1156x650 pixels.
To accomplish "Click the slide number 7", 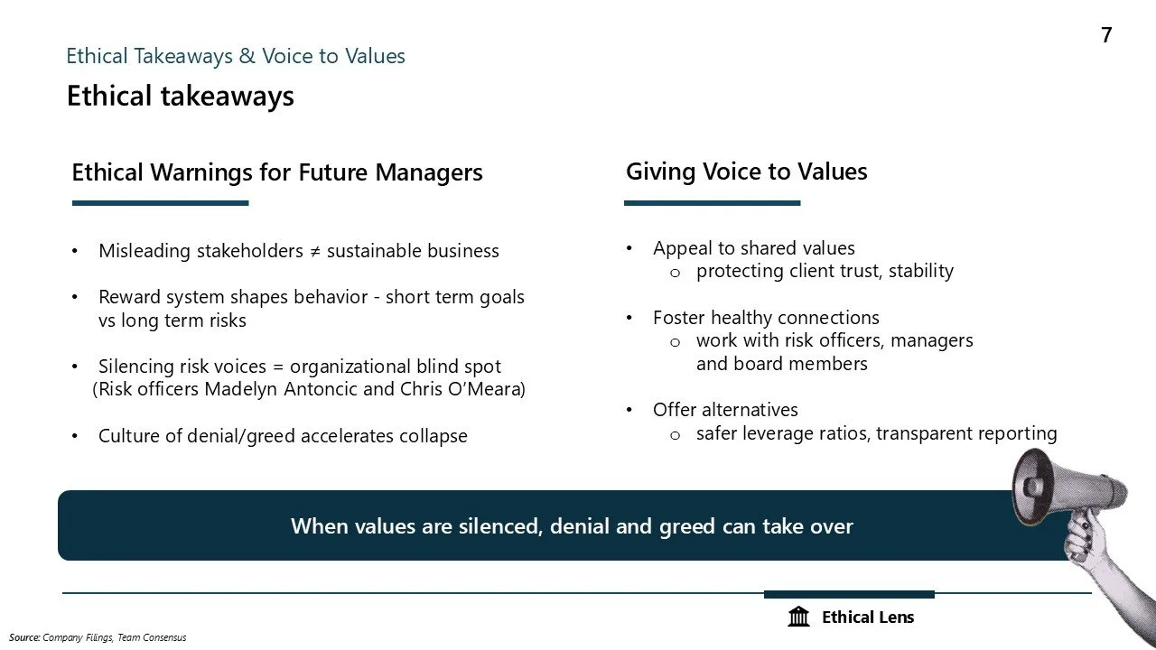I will point(1106,35).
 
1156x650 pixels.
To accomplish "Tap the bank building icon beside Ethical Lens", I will point(798,617).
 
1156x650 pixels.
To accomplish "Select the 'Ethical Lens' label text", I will point(868,617).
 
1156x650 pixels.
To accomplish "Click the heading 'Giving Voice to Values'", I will point(746,172).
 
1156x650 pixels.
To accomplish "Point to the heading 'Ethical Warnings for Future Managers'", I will point(276,172).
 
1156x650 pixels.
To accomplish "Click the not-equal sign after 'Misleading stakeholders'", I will point(314,251).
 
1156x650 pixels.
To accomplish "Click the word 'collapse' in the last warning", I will point(433,436).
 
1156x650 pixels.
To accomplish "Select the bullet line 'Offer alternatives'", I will point(725,410).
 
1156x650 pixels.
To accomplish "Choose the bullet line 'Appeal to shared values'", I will point(753,248).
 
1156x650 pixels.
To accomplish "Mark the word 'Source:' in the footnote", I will point(24,637).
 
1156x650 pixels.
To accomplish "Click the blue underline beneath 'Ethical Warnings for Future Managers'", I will point(160,203).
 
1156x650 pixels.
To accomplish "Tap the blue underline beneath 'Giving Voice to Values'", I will point(712,203).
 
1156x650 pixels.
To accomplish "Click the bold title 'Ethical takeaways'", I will point(180,96).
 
